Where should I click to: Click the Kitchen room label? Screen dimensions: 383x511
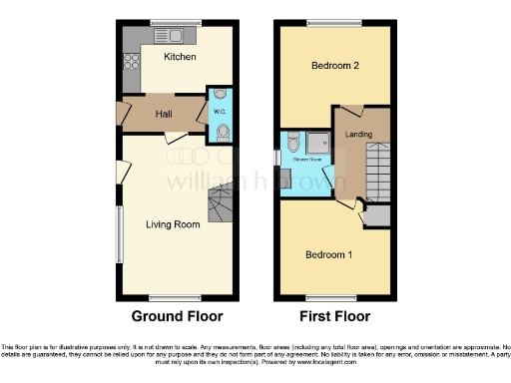point(180,57)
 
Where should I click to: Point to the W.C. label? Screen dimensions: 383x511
point(219,112)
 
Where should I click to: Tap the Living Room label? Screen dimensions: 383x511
point(173,224)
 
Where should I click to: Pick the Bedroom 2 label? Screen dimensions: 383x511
point(334,66)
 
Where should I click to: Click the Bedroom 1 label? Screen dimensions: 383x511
point(329,254)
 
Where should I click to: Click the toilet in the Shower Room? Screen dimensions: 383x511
point(292,141)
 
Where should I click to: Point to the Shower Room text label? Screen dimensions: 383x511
point(305,160)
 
